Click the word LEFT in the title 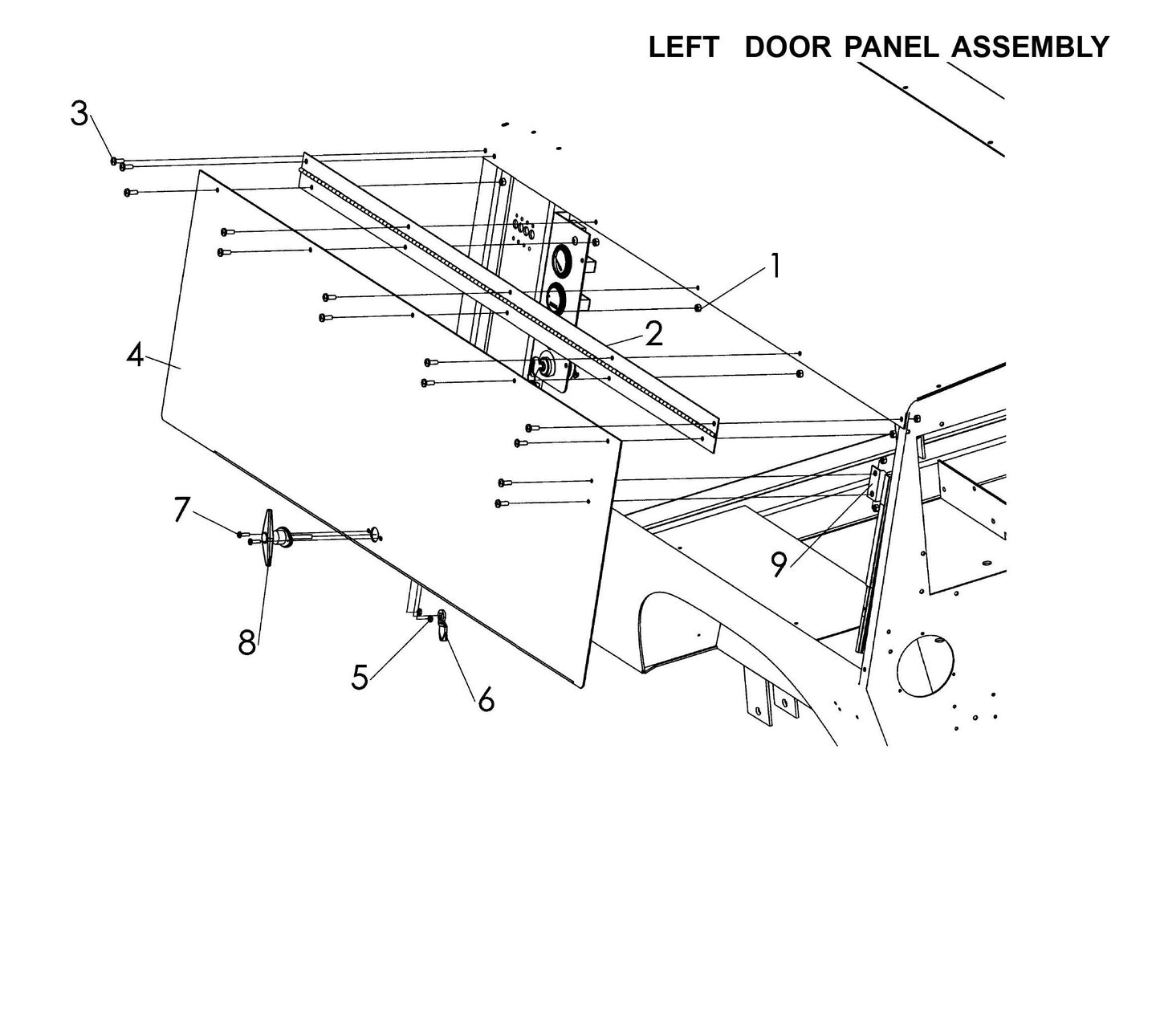pyautogui.click(x=683, y=47)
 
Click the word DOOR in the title pyautogui.click(x=788, y=47)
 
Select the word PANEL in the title pyautogui.click(x=891, y=47)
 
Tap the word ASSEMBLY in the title pyautogui.click(x=1030, y=47)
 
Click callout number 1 pyautogui.click(x=775, y=266)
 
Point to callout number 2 pyautogui.click(x=654, y=334)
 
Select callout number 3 pyautogui.click(x=79, y=114)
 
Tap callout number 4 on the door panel pyautogui.click(x=135, y=355)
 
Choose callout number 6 pyautogui.click(x=486, y=699)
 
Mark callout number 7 pyautogui.click(x=182, y=510)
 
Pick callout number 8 pyautogui.click(x=246, y=641)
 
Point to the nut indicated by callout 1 pyautogui.click(x=698, y=308)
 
